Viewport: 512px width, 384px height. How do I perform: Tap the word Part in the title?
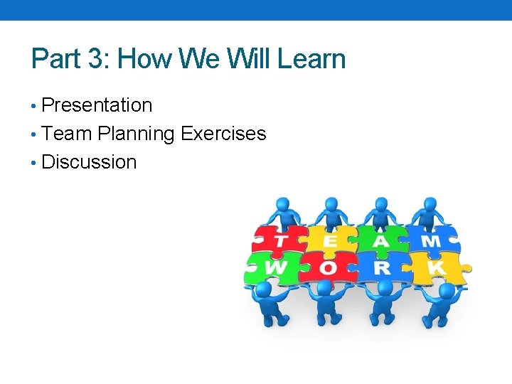pos(54,58)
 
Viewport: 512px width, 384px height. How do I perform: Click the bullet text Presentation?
pos(97,105)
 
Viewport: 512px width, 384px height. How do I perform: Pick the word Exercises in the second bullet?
pos(223,134)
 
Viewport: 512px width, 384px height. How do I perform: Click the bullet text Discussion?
pos(89,162)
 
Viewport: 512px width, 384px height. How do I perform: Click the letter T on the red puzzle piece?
pos(282,241)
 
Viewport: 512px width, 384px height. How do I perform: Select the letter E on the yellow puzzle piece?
pos(331,241)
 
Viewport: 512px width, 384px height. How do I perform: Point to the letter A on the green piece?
pos(382,241)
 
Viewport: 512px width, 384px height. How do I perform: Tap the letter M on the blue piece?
pos(432,241)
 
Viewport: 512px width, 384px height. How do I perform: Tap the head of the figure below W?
pos(264,289)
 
